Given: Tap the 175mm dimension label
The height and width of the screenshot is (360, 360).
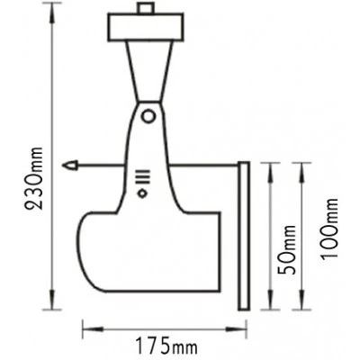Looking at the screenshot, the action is click(166, 348).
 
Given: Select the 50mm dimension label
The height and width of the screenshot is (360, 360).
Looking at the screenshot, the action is click(286, 250).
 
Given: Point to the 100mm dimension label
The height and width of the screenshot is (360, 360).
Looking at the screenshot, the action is click(329, 228).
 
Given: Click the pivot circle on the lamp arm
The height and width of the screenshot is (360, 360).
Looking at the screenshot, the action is click(148, 116).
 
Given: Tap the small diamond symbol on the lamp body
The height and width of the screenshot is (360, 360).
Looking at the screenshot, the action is click(142, 193).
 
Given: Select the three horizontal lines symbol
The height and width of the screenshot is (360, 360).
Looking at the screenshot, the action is click(142, 176).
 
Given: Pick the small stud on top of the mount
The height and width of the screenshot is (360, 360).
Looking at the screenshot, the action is click(145, 8).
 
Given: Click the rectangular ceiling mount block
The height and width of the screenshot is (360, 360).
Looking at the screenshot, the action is click(146, 27).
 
